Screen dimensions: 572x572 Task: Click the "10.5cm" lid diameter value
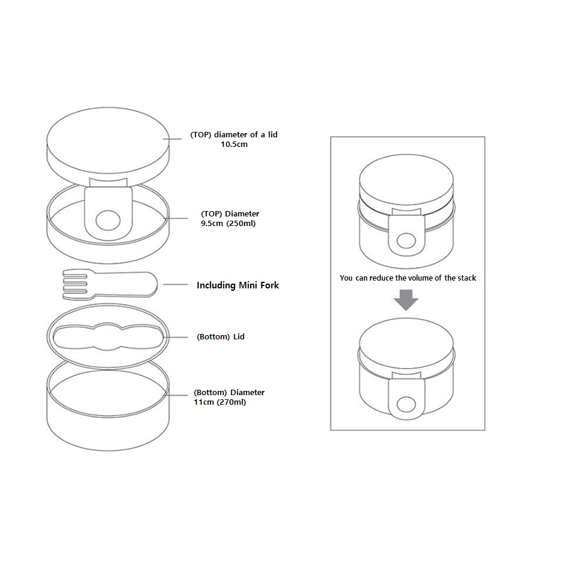[234, 144]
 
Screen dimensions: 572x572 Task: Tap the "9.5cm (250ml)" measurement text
[228, 223]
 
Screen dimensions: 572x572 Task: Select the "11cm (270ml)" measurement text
[220, 402]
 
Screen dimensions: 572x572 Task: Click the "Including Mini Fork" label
[238, 285]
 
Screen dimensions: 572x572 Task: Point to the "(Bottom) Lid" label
[221, 337]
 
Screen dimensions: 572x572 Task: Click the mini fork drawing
[110, 285]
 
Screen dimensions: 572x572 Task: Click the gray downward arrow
[406, 300]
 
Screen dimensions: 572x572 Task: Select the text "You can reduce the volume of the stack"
[408, 278]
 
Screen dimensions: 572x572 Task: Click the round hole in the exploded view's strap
[108, 220]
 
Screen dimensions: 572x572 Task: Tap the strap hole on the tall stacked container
[407, 241]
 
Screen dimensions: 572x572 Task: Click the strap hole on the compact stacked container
[407, 405]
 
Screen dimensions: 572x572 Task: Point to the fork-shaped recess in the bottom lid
[108, 336]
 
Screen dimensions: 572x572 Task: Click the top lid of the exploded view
[108, 146]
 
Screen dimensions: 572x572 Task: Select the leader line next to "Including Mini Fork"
[176, 284]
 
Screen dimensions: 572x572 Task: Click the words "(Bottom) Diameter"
[229, 393]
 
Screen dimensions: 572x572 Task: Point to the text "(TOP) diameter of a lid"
[234, 135]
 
